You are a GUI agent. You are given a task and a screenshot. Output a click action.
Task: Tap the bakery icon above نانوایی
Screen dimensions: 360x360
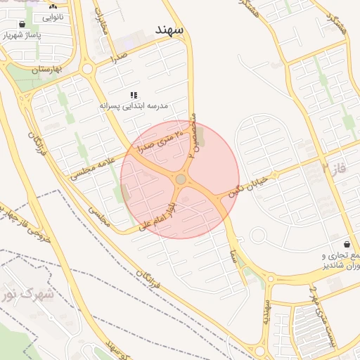(x=53, y=6)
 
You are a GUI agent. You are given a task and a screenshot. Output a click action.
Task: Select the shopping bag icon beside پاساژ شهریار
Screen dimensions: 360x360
(x=22, y=24)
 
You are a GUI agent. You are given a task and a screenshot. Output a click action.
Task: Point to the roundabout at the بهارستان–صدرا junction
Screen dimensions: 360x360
(x=87, y=69)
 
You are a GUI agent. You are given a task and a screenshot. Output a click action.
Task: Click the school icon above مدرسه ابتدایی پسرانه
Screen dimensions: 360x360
(x=134, y=95)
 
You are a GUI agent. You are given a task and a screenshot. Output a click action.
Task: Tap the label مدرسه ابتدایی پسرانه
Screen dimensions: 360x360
(x=134, y=105)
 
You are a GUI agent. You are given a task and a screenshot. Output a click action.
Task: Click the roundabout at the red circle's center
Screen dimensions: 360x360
(x=181, y=180)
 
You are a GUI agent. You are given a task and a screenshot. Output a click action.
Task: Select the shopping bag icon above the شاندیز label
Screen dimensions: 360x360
(x=347, y=243)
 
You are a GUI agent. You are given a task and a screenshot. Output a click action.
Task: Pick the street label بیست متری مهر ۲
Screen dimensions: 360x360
(x=323, y=316)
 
